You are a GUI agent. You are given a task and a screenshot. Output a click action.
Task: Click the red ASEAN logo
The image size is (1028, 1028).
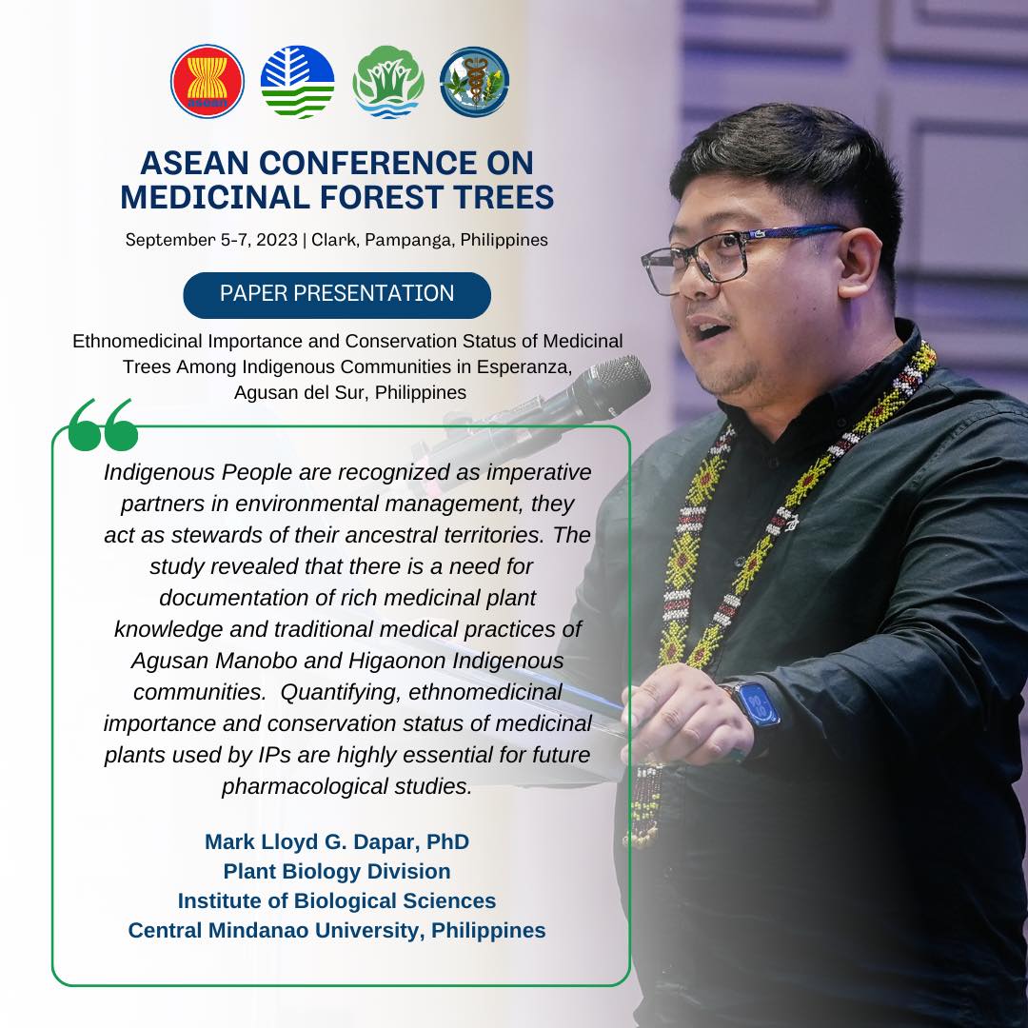click(208, 82)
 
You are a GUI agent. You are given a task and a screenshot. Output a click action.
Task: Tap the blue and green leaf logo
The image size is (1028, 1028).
click(297, 82)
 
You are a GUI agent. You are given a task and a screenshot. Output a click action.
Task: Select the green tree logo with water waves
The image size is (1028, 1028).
click(387, 82)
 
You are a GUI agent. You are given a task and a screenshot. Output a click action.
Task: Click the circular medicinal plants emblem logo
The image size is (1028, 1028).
click(474, 82)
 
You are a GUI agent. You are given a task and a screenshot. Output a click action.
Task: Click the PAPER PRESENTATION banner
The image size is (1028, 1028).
click(337, 294)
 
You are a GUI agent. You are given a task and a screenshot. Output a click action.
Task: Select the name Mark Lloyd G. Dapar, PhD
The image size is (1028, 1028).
click(337, 842)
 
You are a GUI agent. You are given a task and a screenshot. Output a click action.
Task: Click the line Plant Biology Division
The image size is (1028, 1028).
click(337, 871)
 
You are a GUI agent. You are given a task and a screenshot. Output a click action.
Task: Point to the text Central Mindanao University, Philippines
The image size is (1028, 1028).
click(337, 930)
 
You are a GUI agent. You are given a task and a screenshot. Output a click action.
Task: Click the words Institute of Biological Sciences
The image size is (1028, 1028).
click(337, 900)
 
